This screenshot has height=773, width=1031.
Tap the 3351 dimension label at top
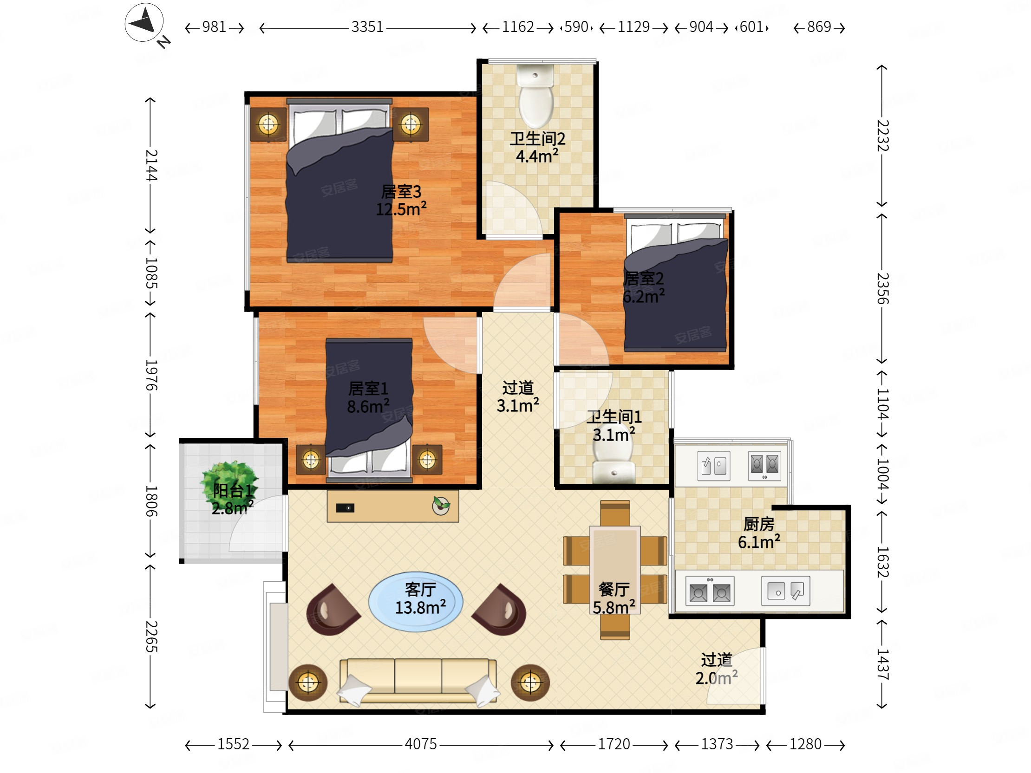(367, 27)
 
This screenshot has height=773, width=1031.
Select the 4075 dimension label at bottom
(420, 744)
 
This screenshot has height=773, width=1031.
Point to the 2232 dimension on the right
(882, 136)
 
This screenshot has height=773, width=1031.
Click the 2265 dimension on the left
(151, 637)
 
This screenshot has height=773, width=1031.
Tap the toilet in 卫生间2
(536, 96)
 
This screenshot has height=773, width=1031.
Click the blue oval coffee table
(416, 602)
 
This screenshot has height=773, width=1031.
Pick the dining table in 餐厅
(615, 570)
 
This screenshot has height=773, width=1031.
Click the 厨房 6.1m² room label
(759, 533)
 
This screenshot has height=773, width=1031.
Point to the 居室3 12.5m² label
(401, 201)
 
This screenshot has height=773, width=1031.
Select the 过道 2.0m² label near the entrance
(717, 669)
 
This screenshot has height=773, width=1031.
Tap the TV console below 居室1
(393, 506)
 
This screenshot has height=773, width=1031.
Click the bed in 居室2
(675, 283)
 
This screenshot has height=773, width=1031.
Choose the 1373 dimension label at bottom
(717, 744)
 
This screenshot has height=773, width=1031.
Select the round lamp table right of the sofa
(530, 683)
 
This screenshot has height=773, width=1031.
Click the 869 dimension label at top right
(819, 27)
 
